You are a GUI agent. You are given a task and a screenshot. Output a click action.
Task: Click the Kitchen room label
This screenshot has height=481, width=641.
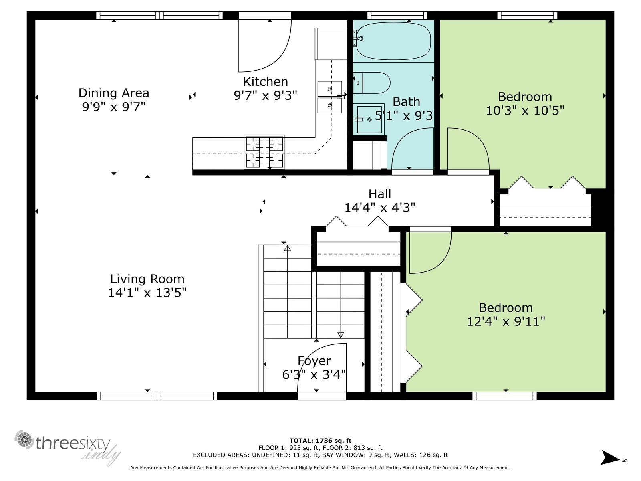click(x=265, y=81)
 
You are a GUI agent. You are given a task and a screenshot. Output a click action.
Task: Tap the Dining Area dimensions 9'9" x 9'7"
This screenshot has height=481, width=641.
click(x=113, y=107)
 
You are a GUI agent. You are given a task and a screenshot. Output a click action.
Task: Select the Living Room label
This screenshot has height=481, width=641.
click(x=147, y=279)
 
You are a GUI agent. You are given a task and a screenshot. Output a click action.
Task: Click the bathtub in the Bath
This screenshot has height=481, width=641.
click(x=393, y=41)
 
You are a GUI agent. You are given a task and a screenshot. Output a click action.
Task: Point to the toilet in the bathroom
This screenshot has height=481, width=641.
click(x=372, y=83)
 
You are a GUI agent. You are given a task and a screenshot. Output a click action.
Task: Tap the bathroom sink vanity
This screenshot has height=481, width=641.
click(x=368, y=119)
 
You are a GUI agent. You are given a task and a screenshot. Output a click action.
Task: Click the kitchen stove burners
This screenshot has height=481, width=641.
click(x=264, y=152)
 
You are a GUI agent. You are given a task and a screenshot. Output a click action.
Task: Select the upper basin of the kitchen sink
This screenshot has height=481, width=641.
click(x=330, y=89)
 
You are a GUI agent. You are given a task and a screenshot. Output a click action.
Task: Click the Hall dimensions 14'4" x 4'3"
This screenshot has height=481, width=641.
click(x=379, y=208)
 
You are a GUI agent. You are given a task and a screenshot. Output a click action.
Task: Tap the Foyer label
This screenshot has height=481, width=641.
click(x=314, y=361)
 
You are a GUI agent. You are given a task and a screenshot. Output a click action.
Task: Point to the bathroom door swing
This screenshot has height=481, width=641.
click(x=413, y=149)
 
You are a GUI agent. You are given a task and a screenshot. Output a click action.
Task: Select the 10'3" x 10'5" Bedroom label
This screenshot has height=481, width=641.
click(x=525, y=97)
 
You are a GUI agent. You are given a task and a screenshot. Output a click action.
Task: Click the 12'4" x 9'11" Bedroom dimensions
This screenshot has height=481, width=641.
click(x=506, y=321)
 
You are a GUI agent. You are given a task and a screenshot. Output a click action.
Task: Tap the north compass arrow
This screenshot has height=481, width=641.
click(x=611, y=458)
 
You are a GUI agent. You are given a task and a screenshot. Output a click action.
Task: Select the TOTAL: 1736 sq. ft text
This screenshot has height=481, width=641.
click(x=320, y=441)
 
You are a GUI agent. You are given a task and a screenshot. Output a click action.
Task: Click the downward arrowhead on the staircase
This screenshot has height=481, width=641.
click(x=341, y=335)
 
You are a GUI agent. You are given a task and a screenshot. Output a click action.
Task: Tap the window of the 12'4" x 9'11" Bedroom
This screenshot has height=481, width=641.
click(x=504, y=396)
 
